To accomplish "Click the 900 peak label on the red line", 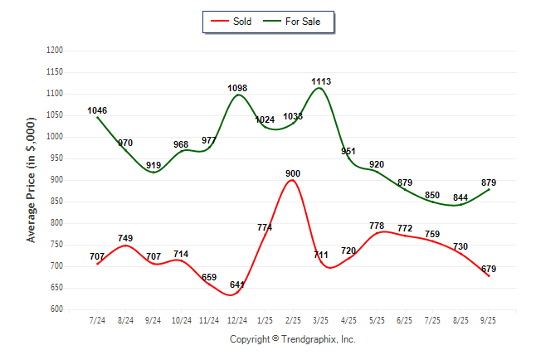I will coord(292,173).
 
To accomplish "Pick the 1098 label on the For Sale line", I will coord(237,88).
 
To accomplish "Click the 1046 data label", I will coord(97,110).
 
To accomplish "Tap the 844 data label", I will coord(460,197).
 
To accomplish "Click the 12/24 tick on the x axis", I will coord(237,320).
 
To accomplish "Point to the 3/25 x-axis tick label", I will coord(321,320).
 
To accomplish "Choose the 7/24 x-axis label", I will coord(97,320).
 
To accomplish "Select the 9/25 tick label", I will coord(489,320).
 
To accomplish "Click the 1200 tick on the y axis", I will coord(55,51).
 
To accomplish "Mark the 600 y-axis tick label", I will coord(56,309).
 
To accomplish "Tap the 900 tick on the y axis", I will coord(56,180).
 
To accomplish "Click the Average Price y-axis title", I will coord(32,179).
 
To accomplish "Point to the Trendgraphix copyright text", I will coord(292,339).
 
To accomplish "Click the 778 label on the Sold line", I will coord(377,226).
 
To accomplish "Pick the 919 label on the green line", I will coord(153,165).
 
